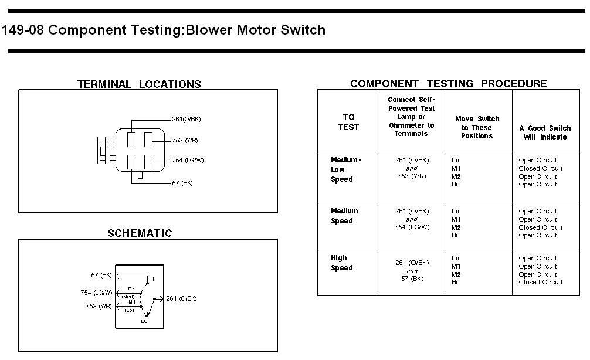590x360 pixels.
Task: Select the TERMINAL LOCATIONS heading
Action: click(x=139, y=84)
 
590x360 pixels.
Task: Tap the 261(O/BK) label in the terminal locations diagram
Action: click(x=187, y=119)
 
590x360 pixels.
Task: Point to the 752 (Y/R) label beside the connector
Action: click(x=185, y=140)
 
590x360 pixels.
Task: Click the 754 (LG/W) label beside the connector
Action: click(x=188, y=160)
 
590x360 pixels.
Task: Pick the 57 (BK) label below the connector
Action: click(x=182, y=183)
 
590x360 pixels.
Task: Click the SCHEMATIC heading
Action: click(x=140, y=233)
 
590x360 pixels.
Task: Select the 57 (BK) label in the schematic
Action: click(x=101, y=276)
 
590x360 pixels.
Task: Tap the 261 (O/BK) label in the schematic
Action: click(x=181, y=298)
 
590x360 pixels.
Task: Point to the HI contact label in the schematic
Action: click(x=152, y=279)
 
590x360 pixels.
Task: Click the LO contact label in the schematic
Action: click(x=144, y=322)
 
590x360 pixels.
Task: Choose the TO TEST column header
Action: click(x=348, y=123)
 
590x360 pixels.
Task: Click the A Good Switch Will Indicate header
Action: click(x=545, y=133)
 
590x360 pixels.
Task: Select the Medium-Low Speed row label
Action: click(x=346, y=169)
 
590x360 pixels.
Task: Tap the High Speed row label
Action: click(x=342, y=263)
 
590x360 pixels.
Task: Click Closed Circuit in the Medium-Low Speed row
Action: click(x=540, y=168)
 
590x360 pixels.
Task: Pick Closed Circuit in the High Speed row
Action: click(x=540, y=282)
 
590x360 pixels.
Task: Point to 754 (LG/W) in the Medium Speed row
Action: click(x=412, y=227)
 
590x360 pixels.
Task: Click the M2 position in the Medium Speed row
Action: click(x=456, y=227)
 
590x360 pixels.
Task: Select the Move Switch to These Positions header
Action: click(x=477, y=127)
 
